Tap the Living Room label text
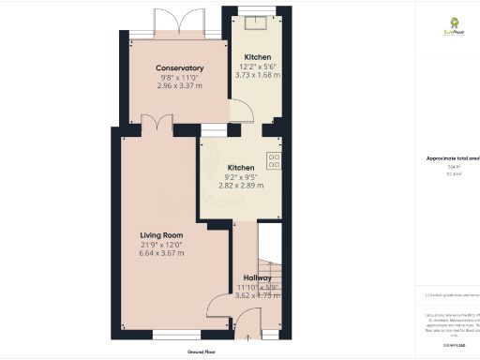click(x=161, y=234)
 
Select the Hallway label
click(x=258, y=278)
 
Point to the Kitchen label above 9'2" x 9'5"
click(x=241, y=168)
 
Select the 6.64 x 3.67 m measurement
click(x=161, y=254)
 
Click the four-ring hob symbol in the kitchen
click(x=275, y=160)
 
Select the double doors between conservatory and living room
click(x=157, y=122)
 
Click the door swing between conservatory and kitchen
click(x=240, y=112)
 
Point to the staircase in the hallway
click(x=270, y=273)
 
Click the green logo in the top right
click(x=454, y=25)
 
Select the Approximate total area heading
click(x=453, y=160)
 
